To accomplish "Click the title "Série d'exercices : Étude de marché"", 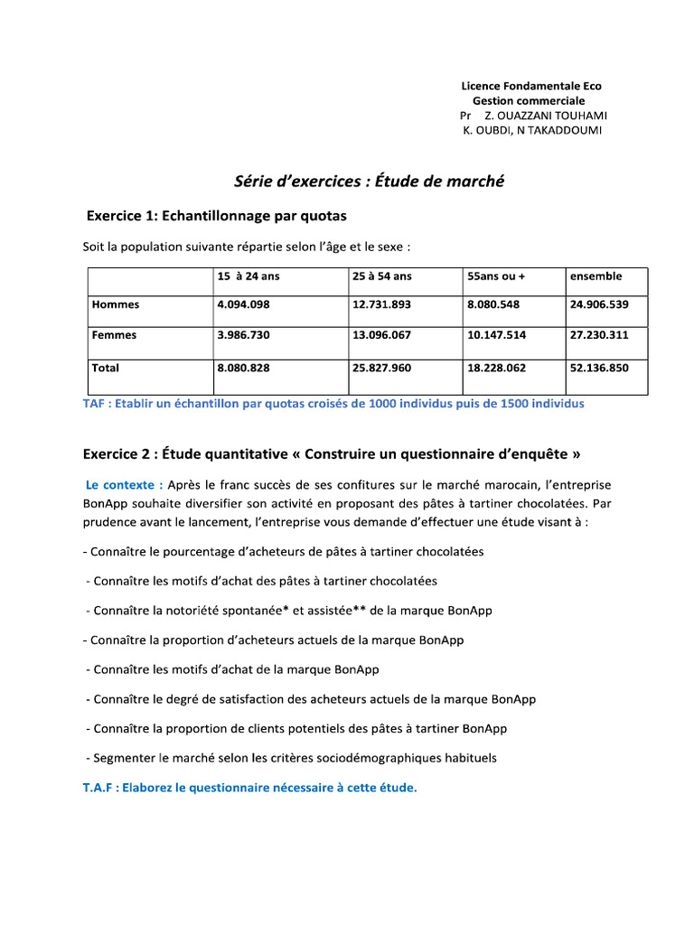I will pos(369,182).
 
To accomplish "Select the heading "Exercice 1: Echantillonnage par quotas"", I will pos(216,217).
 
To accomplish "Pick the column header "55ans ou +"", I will pos(496,276).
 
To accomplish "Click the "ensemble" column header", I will pos(596,276).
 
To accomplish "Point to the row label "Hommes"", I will pos(116,304).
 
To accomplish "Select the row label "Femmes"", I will pos(115,335).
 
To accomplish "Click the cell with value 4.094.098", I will pos(243,304).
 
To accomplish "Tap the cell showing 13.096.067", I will pos(381,335).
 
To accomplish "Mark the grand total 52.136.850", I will pos(599,368).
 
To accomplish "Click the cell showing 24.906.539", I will pos(599,304).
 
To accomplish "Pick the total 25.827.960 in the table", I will pos(381,368).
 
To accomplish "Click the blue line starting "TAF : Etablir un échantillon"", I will pos(333,404).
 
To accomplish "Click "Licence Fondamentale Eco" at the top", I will pos(531,86).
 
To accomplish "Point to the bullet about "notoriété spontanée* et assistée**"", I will pos(289,611).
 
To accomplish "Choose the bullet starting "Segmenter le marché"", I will pos(291,758).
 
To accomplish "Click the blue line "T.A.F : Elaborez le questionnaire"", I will pos(250,788).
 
